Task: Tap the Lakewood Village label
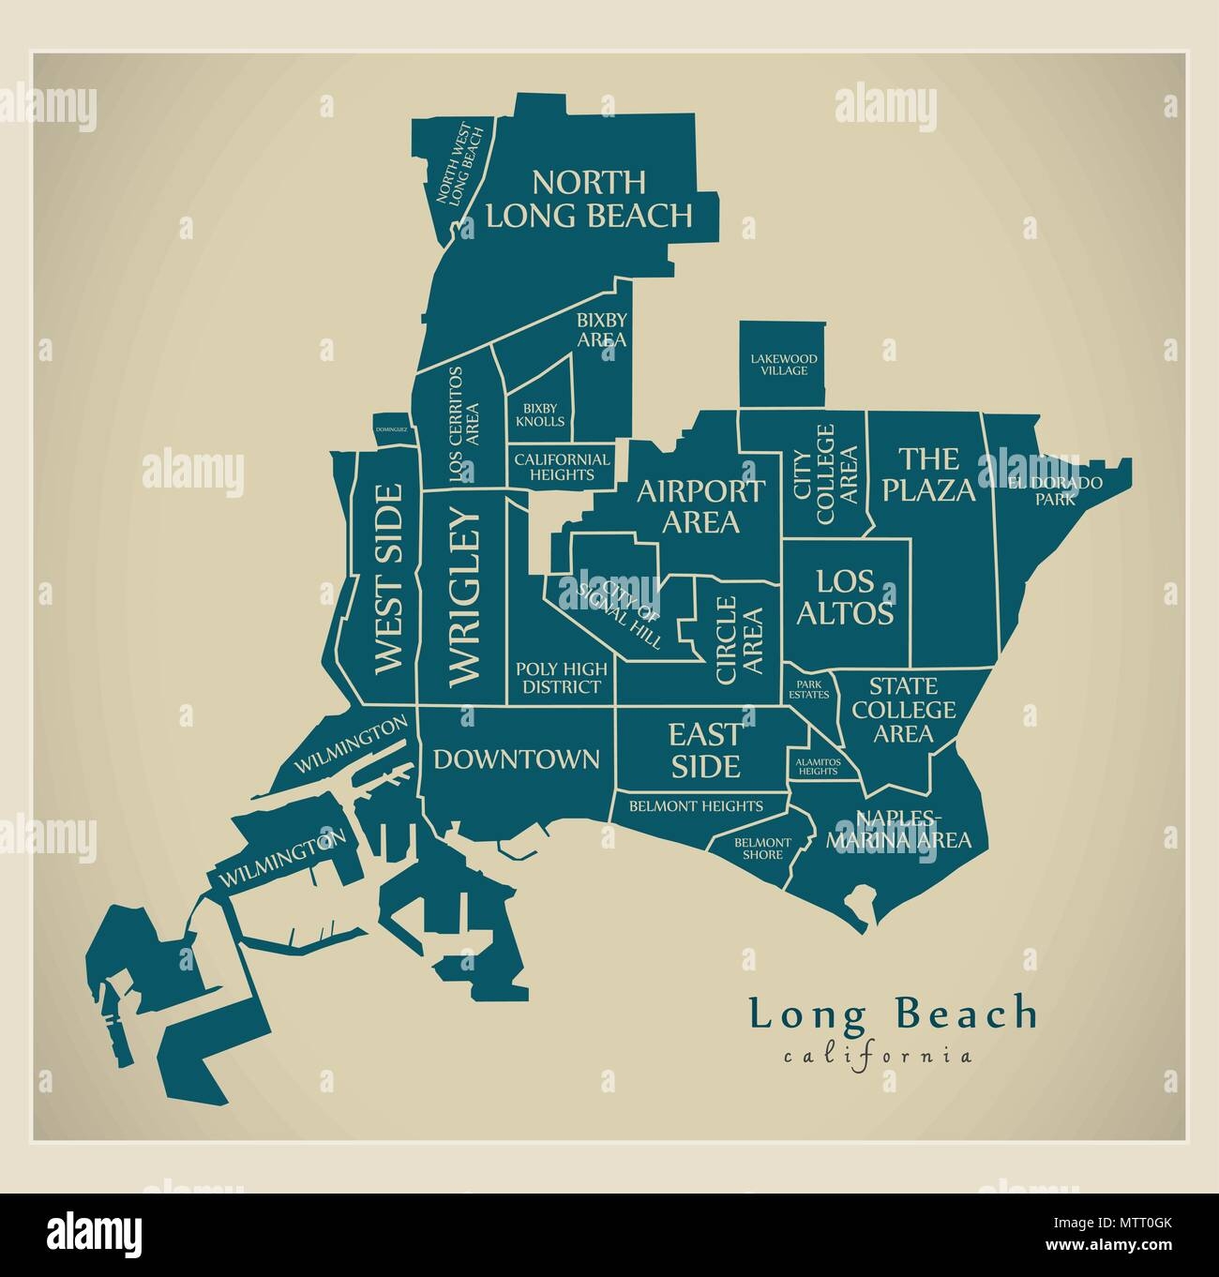coord(783,365)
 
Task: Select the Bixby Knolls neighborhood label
coord(540,414)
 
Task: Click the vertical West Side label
coord(387,579)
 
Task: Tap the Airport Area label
coord(700,506)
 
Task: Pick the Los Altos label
coord(845,597)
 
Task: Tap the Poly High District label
coord(561,678)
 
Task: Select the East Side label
coord(704,749)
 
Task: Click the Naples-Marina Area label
coord(897,828)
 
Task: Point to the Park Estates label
coord(807,689)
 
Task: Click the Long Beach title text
coord(893,1014)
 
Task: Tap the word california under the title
coord(877,1057)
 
